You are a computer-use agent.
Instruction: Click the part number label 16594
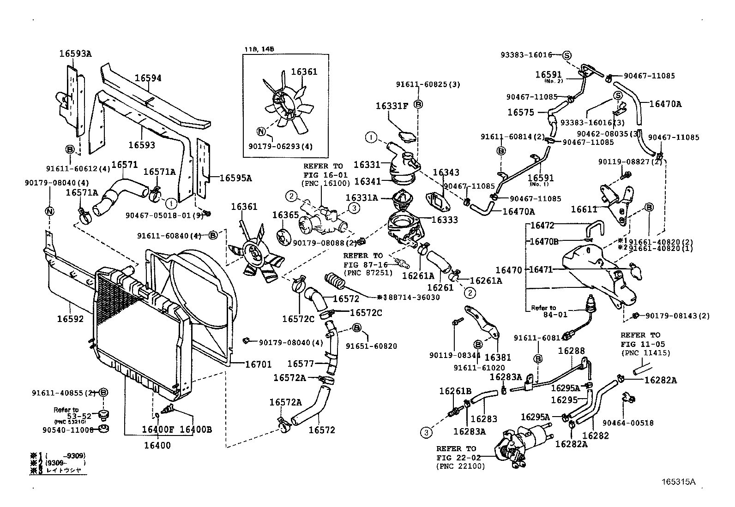coord(148,78)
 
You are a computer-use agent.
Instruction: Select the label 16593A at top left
coord(75,54)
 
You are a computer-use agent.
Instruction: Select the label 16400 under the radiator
coord(157,445)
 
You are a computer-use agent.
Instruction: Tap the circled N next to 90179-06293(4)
coord(261,131)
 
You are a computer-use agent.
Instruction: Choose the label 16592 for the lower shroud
coord(71,318)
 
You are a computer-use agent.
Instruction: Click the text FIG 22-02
coord(459,457)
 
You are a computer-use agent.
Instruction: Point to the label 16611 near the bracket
coord(584,209)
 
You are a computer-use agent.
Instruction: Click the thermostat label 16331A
coord(362,198)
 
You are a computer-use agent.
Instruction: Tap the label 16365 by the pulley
coord(285,215)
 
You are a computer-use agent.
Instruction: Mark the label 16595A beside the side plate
coord(235,178)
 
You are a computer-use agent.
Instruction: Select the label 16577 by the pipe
coord(301,364)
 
